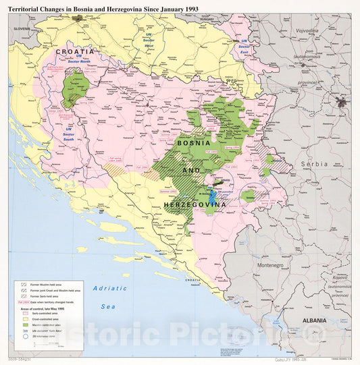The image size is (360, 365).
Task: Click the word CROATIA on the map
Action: (75, 51)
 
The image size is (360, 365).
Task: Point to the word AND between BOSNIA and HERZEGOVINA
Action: (192, 171)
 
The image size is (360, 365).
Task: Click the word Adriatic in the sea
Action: (109, 288)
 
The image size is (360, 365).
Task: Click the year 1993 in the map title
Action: (188, 8)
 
